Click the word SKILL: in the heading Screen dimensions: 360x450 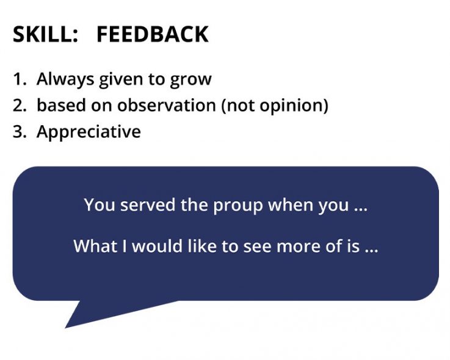point(45,35)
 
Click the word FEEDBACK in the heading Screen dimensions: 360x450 point(152,35)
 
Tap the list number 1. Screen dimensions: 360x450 point(19,79)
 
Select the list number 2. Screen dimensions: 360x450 point(19,106)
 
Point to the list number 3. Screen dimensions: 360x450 point(19,132)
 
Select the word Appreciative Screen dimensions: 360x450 point(89,132)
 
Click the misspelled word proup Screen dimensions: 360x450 point(237,205)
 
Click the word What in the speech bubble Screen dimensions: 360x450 point(92,246)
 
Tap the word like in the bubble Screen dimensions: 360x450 point(206,246)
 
